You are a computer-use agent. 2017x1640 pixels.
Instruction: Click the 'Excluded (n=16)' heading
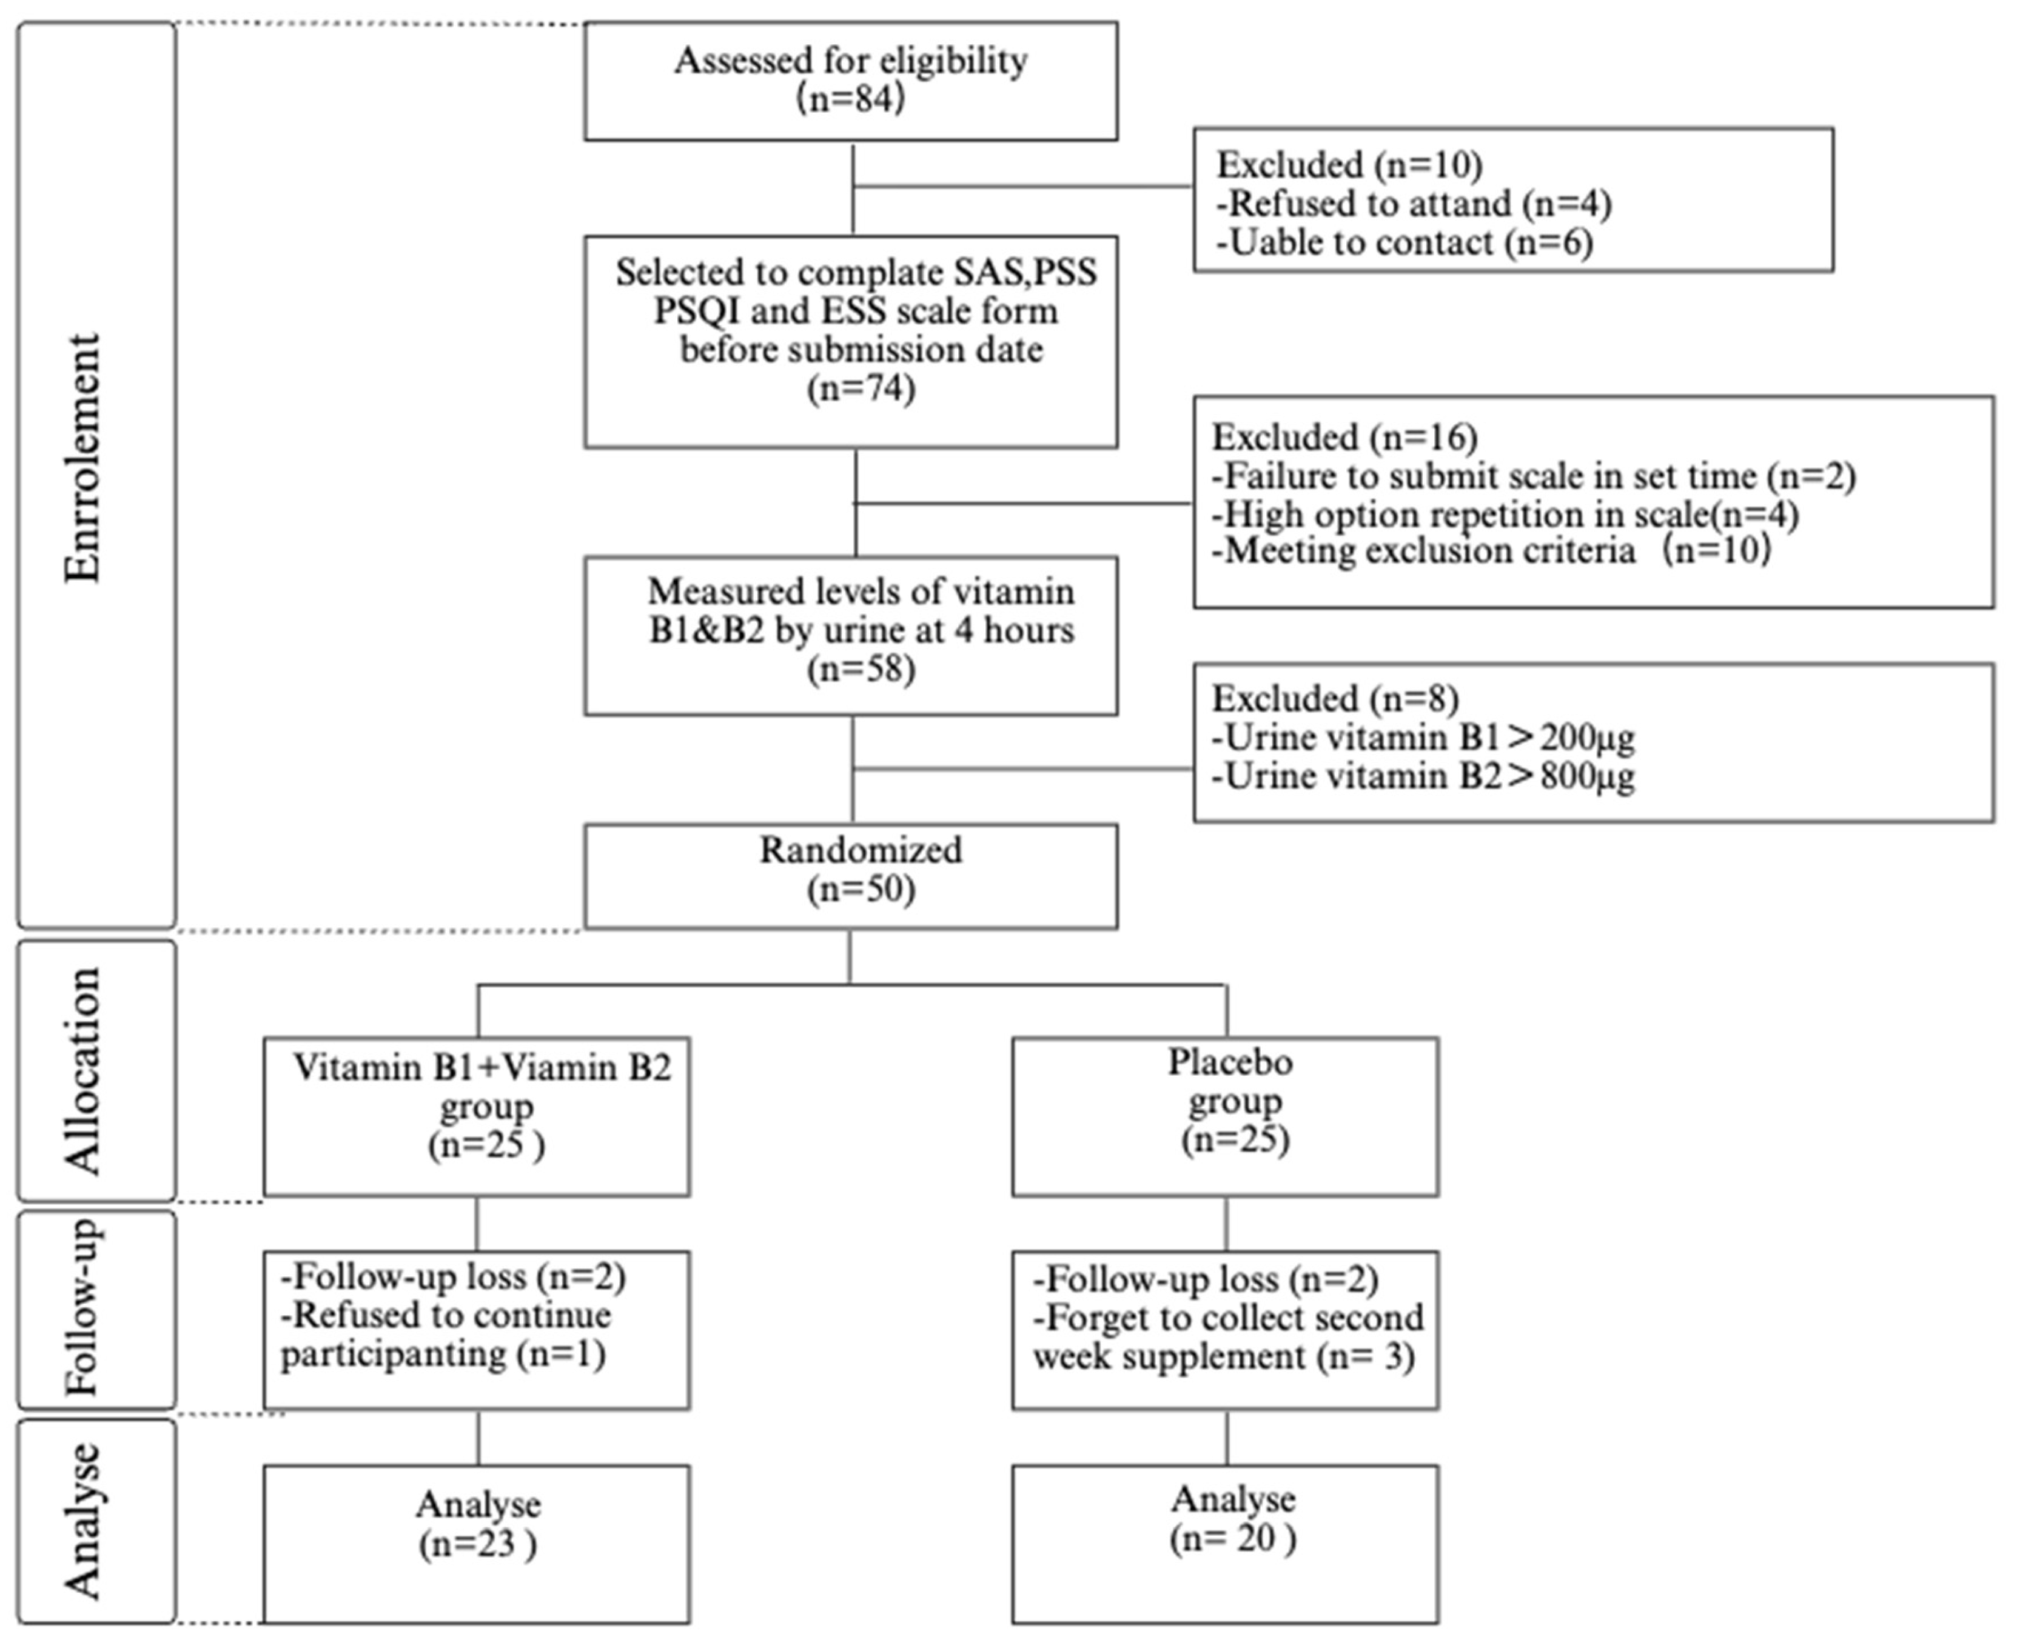pos(1344,438)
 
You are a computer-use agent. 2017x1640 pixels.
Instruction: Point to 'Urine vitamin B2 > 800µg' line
pos(1423,776)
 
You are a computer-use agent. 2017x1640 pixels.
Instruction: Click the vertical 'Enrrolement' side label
pos(83,458)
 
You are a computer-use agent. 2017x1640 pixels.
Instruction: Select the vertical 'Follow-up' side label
pos(83,1308)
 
